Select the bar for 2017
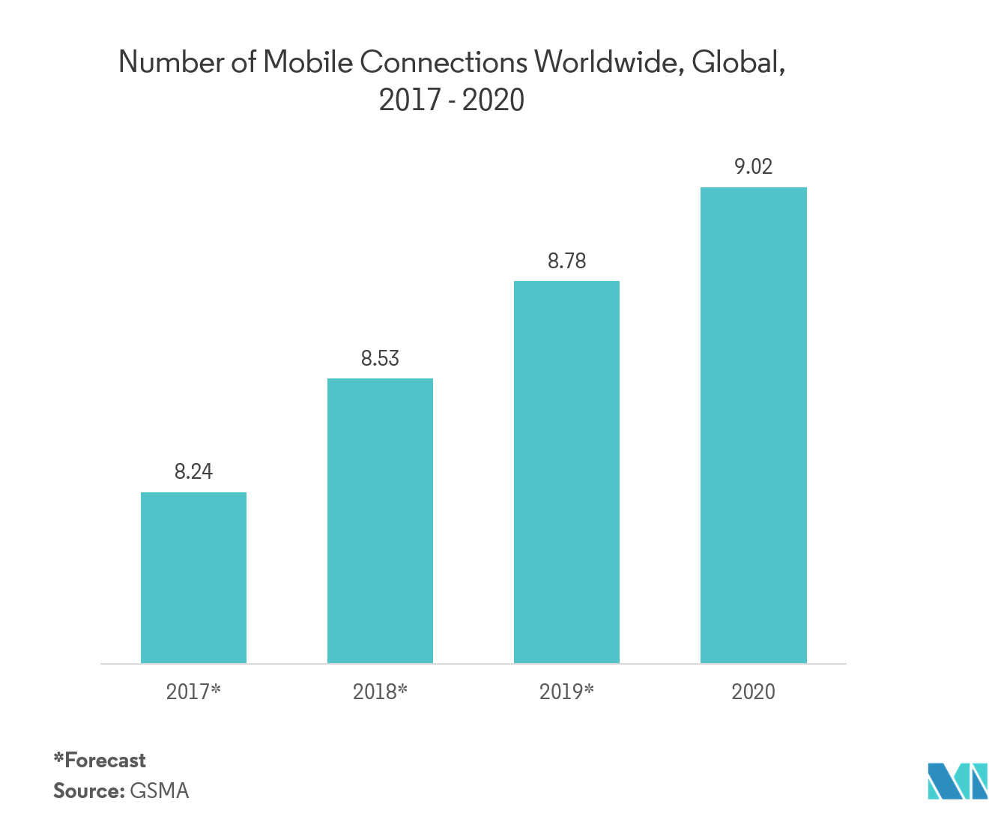pyautogui.click(x=193, y=578)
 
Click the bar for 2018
pyautogui.click(x=380, y=521)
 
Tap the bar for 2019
pyautogui.click(x=566, y=472)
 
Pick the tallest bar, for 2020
pyautogui.click(x=753, y=425)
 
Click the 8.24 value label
pyautogui.click(x=193, y=471)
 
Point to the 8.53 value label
pyautogui.click(x=380, y=358)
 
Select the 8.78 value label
pyautogui.click(x=566, y=261)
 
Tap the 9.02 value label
pyautogui.click(x=753, y=166)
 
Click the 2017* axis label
pyautogui.click(x=193, y=691)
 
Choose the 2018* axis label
pyautogui.click(x=380, y=691)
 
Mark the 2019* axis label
pyautogui.click(x=566, y=691)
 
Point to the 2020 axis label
pyautogui.click(x=753, y=691)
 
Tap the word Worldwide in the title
pyautogui.click(x=608, y=62)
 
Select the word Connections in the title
pyautogui.click(x=444, y=62)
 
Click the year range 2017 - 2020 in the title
pyautogui.click(x=451, y=100)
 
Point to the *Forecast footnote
pyautogui.click(x=100, y=761)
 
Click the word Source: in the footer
pyautogui.click(x=88, y=791)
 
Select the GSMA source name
pyautogui.click(x=160, y=791)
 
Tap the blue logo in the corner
pyautogui.click(x=957, y=781)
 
